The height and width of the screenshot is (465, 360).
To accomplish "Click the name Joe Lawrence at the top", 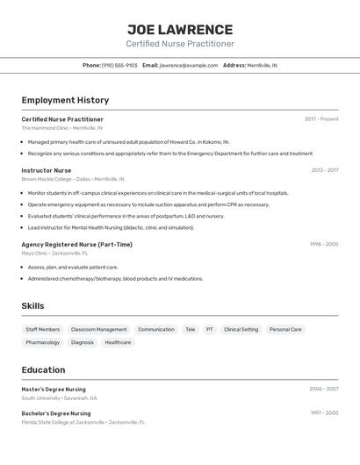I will pos(180,30).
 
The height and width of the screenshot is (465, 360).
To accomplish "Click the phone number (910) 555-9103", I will pos(119,65).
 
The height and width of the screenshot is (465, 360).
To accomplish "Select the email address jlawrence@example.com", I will pos(189,65).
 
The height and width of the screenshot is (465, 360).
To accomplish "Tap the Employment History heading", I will pos(65,100).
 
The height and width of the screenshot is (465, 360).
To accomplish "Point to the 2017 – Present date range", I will pos(321,119).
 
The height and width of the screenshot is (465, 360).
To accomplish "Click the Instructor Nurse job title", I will pos(47,170).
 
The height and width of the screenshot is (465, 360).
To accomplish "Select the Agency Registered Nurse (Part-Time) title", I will pos(77,244).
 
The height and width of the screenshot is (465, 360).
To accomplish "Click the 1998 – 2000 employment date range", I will pos(323,244).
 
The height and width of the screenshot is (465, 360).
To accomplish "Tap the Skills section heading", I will pos(32,305).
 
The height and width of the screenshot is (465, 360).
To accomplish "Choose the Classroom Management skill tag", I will pos(98,330).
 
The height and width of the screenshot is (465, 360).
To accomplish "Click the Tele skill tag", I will pos(190,330).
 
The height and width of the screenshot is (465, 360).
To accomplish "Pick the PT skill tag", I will pos(210,330).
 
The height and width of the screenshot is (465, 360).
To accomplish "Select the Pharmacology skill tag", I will pos(43,343).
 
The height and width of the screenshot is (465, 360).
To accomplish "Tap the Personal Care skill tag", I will pos(285,330).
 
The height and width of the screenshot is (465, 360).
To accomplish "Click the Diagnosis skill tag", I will pos(83,343).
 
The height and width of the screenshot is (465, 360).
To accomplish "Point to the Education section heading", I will pos(43,369).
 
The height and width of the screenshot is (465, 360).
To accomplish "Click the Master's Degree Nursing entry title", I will pos(54,389).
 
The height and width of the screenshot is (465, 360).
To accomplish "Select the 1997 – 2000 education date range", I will pos(323,413).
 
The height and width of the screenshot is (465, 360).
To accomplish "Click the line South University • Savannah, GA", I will pos(59,397).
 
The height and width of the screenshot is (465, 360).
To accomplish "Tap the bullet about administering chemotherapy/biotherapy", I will pos(115,279).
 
